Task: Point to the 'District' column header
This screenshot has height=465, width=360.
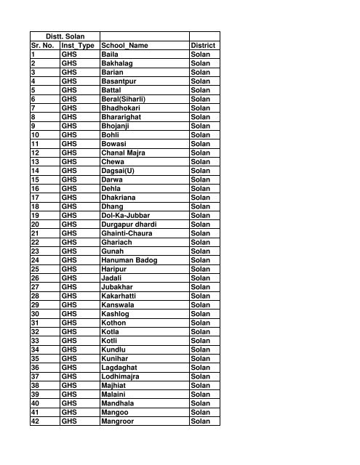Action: (x=203, y=45)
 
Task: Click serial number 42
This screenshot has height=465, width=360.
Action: (x=37, y=422)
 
